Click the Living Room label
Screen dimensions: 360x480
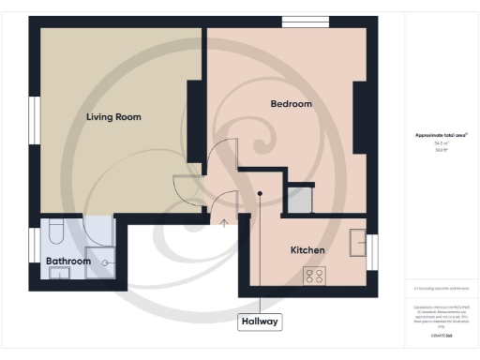click(x=113, y=117)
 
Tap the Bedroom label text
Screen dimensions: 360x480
click(x=291, y=104)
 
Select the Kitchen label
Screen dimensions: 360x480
click(x=307, y=250)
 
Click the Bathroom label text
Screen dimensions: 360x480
click(x=67, y=261)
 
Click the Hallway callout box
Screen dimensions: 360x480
click(x=260, y=322)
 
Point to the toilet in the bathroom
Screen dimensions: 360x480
click(x=55, y=231)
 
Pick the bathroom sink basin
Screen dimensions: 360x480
click(x=59, y=273)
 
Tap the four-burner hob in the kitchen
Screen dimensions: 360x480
click(x=313, y=275)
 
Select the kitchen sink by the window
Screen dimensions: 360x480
click(x=356, y=243)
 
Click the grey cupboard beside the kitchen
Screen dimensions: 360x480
click(x=299, y=199)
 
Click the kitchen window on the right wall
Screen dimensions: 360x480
click(x=372, y=252)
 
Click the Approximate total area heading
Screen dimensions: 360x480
click(x=442, y=135)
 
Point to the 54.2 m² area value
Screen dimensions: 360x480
click(x=441, y=142)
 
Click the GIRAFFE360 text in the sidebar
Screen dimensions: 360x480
click(x=441, y=335)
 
